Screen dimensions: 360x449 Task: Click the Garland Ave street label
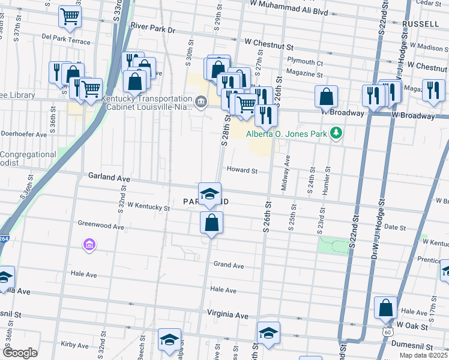pos(109,178)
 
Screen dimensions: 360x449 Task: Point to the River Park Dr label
pos(152,29)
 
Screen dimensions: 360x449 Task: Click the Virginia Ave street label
pos(228,314)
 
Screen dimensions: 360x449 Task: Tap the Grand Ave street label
pos(229,265)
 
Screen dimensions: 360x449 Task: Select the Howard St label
pos(242,170)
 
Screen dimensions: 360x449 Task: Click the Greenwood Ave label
pos(101,224)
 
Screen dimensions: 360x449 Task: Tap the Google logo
pos(20,352)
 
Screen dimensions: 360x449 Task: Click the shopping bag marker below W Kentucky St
pos(211,224)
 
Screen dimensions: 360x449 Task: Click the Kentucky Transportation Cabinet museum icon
pos(200,100)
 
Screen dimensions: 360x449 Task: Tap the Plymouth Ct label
pos(305,62)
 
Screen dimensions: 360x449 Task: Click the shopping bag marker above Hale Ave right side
pos(385,308)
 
